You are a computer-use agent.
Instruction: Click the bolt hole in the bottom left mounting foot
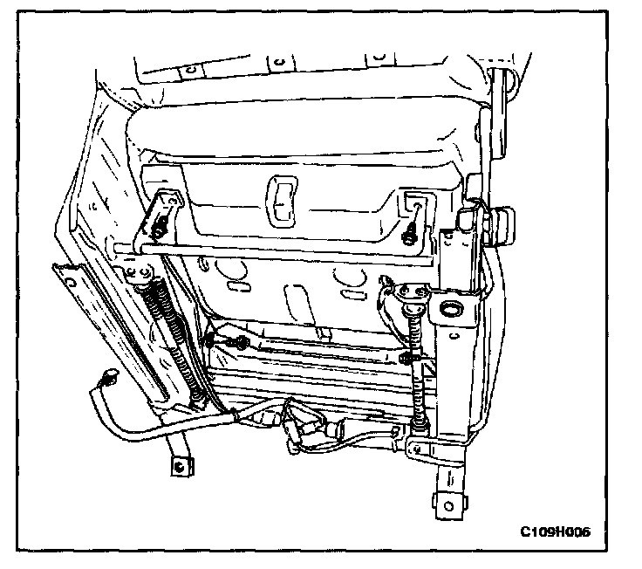[179, 465]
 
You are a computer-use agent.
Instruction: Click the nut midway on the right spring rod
[406, 358]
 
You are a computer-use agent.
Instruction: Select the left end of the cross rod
[117, 247]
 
